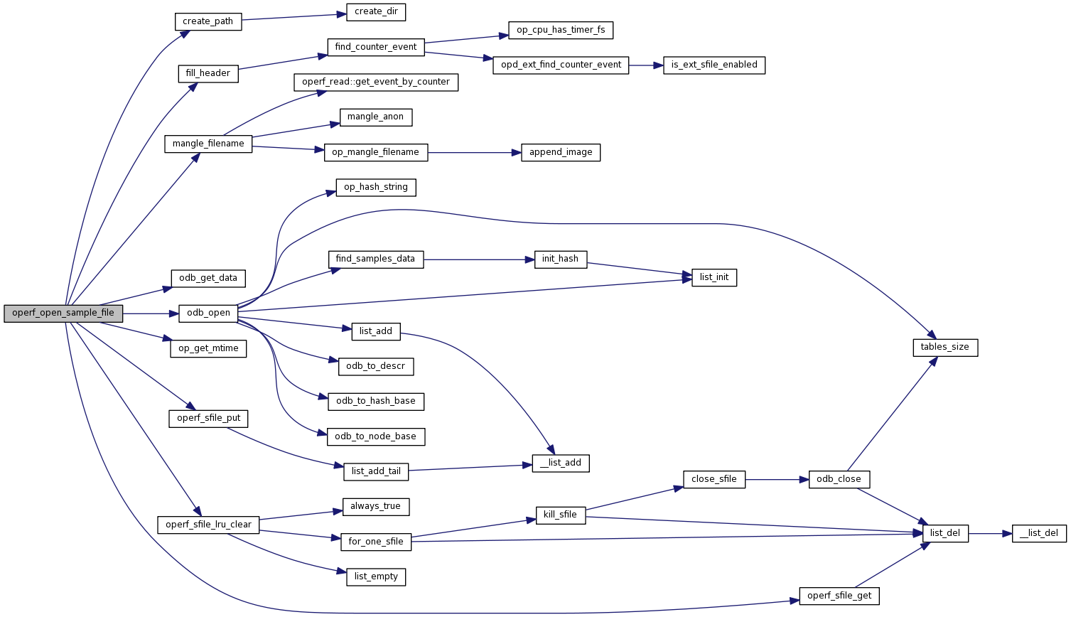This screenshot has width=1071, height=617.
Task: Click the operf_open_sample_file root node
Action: pyautogui.click(x=63, y=313)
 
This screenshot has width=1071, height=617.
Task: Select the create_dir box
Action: pyautogui.click(x=376, y=11)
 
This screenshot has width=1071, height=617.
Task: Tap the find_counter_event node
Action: pyautogui.click(x=376, y=47)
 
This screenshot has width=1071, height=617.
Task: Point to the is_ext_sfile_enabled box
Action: pyautogui.click(x=714, y=65)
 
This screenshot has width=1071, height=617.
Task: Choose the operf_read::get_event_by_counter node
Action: pyautogui.click(x=376, y=82)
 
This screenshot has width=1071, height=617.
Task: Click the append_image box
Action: pyautogui.click(x=561, y=152)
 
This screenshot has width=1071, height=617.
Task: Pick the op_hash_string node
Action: pyautogui.click(x=376, y=187)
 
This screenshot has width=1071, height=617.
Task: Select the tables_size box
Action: pyautogui.click(x=944, y=347)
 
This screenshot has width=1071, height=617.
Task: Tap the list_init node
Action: pyautogui.click(x=714, y=277)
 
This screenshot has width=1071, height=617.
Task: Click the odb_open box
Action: pyautogui.click(x=208, y=313)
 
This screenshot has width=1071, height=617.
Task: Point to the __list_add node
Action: pyautogui.click(x=561, y=463)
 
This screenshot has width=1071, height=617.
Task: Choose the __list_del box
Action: pyautogui.click(x=1039, y=533)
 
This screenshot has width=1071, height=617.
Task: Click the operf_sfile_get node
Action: pyautogui.click(x=839, y=596)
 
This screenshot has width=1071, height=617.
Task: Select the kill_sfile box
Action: pyautogui.click(x=561, y=515)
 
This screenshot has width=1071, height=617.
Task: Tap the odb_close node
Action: pyautogui.click(x=839, y=479)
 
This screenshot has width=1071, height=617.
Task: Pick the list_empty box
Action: pyautogui.click(x=376, y=576)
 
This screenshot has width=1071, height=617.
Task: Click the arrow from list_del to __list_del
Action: pyautogui.click(x=990, y=533)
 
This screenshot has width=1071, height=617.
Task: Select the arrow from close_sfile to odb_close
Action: pyautogui.click(x=777, y=479)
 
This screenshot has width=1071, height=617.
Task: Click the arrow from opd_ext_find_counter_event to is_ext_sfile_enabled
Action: pyautogui.click(x=645, y=65)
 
